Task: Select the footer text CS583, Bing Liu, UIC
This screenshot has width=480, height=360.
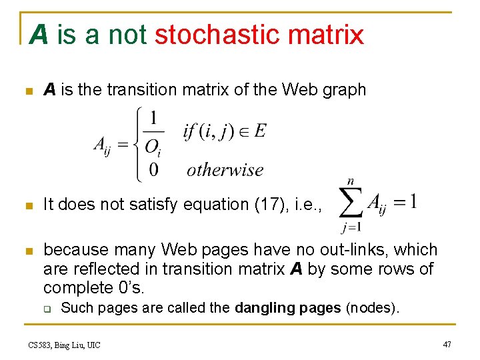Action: point(65,345)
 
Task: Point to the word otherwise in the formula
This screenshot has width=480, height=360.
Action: point(225,170)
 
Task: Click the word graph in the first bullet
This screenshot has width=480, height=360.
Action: point(343,89)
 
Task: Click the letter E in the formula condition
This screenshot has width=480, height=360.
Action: point(260,131)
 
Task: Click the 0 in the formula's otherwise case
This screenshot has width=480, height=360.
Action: point(153,171)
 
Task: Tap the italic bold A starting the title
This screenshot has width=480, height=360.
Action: point(39,35)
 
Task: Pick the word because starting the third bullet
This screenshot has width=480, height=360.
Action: point(75,250)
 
